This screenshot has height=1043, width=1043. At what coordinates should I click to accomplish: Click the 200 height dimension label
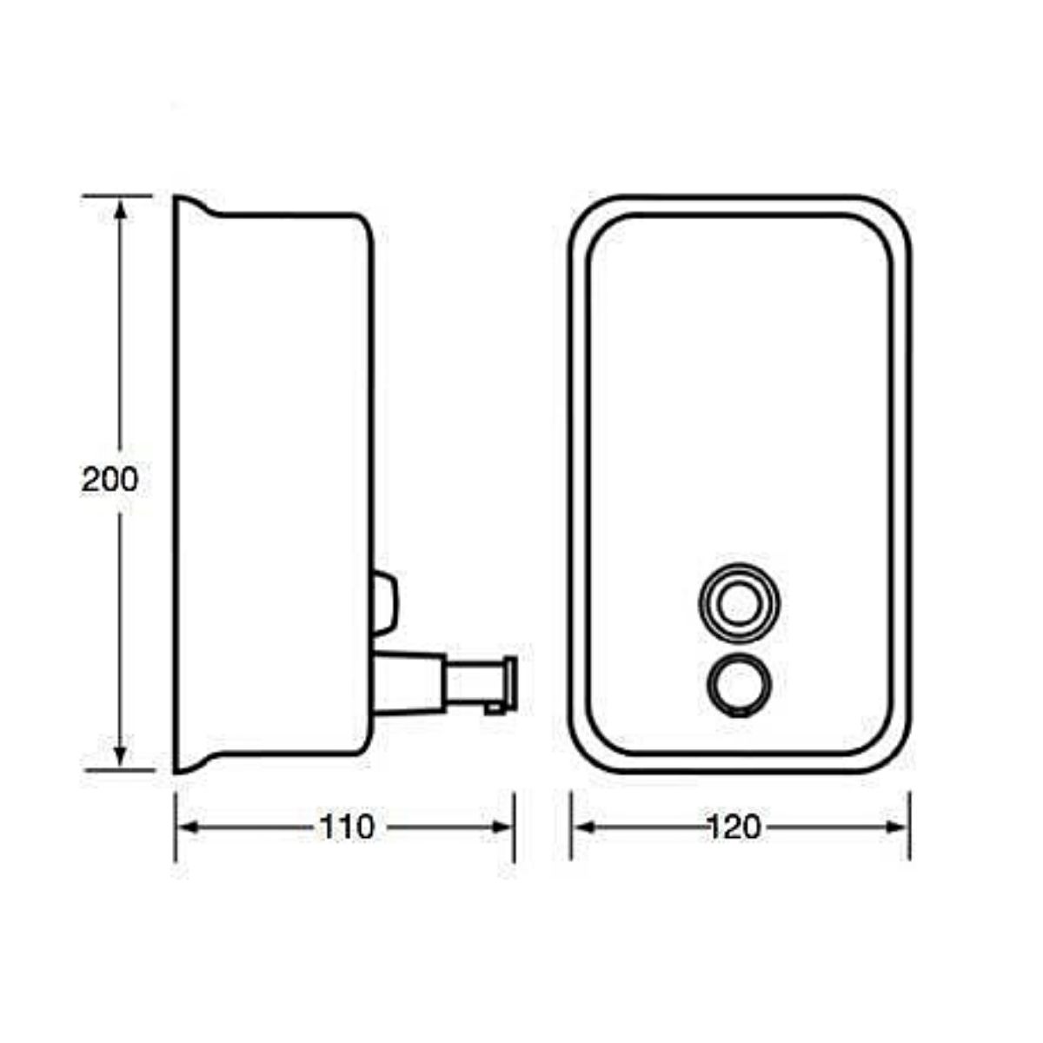110,479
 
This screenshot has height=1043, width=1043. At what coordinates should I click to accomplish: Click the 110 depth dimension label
347,827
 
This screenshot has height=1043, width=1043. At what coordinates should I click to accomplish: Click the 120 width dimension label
734,827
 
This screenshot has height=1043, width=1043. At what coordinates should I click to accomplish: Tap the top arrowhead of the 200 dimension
120,209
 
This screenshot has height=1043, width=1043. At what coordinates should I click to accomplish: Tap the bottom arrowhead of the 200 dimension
120,756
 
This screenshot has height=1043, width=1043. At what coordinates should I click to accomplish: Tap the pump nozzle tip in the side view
509,684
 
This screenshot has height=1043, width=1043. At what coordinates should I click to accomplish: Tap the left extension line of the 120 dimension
571,826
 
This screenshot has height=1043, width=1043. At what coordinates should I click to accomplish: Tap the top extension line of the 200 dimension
117,196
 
